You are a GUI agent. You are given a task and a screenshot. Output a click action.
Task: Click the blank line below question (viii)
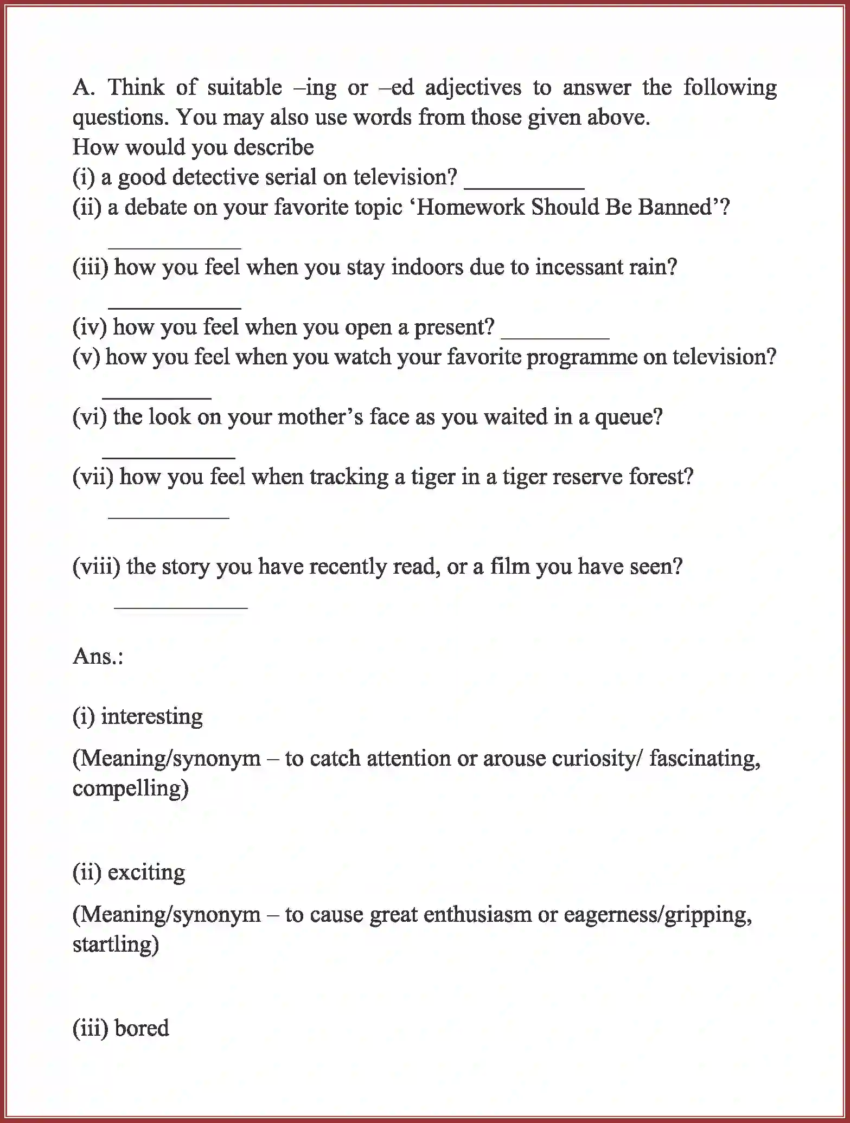coord(181,607)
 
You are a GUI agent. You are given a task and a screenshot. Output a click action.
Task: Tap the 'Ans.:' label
coord(98,657)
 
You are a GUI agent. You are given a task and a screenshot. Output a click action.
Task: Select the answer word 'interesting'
coord(152,717)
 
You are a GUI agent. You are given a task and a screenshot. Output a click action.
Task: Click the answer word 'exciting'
coord(146,872)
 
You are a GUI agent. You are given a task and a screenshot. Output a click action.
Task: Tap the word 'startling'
coord(116,944)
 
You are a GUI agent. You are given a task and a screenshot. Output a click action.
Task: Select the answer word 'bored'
coord(142,1028)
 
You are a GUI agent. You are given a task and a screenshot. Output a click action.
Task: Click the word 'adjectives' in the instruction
coord(473,87)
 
